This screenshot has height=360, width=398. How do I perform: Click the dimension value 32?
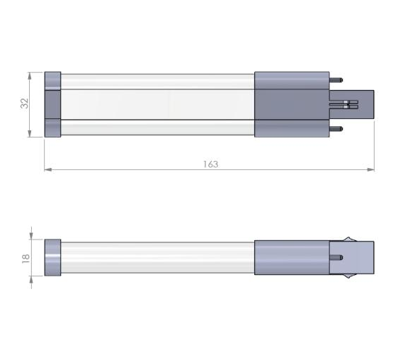25,103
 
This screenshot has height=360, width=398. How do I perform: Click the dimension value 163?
210,164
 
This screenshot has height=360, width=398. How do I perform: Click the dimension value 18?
25,258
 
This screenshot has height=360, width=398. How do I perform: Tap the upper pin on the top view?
336,80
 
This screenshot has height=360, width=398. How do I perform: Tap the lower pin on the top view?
336,129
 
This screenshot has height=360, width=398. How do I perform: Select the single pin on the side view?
336,258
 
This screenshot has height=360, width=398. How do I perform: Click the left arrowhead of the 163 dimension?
48,169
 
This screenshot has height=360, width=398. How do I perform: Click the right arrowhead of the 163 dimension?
370,169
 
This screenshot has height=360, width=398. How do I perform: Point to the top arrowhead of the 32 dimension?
30,76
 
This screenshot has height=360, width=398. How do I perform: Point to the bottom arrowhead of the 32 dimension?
30,133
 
